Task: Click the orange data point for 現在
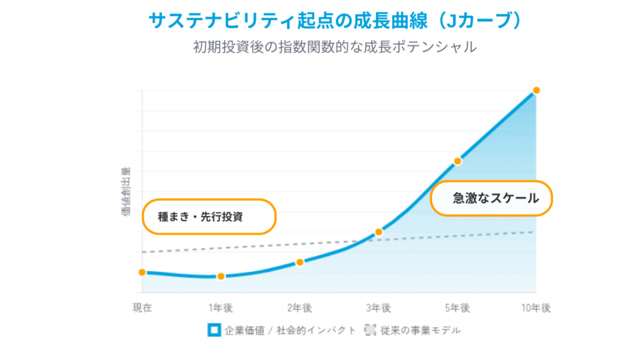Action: (x=142, y=272)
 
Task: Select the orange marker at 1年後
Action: (x=221, y=276)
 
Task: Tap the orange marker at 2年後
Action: (x=299, y=262)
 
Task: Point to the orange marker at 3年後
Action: (x=379, y=232)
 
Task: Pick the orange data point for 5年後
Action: (x=458, y=161)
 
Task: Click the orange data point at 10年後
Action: (x=536, y=90)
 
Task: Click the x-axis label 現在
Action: (x=142, y=308)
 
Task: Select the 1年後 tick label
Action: (x=221, y=308)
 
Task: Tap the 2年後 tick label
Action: (x=299, y=308)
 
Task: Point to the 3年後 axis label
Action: (x=379, y=308)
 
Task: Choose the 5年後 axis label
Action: (x=458, y=308)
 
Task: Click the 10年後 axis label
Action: (x=536, y=308)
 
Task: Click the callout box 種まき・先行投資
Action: (x=209, y=217)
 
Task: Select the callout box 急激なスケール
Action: (x=492, y=198)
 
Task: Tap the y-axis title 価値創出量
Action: (x=126, y=193)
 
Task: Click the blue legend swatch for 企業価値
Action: (x=213, y=330)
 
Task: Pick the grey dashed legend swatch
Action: (x=370, y=330)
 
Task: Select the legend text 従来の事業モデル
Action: (x=420, y=330)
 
